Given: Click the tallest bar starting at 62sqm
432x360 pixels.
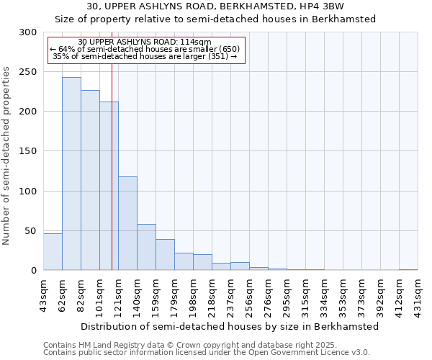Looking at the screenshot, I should click(x=71, y=174).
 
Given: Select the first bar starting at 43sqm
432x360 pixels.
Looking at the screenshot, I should click(x=53, y=252).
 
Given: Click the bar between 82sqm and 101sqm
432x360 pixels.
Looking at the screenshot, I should click(x=90, y=180).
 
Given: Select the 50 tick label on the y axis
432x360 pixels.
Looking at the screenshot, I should click(x=30, y=230).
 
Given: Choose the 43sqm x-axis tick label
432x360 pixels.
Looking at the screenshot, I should click(x=44, y=294).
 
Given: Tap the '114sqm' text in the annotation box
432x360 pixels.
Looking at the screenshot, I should click(x=195, y=42).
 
